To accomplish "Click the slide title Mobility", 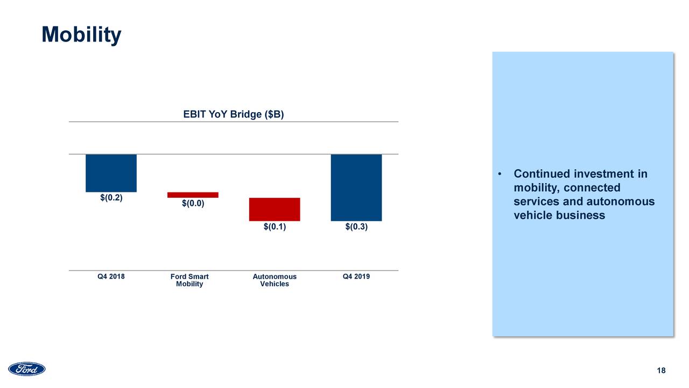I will pyautogui.click(x=81, y=35).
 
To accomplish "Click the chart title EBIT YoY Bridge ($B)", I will pyautogui.click(x=233, y=115).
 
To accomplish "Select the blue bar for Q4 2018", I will pyautogui.click(x=111, y=173).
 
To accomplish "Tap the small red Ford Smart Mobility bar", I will pyautogui.click(x=193, y=195).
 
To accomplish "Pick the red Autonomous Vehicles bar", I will pyautogui.click(x=274, y=209).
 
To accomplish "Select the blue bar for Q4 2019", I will pyautogui.click(x=356, y=188).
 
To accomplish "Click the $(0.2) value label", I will pyautogui.click(x=111, y=198).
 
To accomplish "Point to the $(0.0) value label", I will pyautogui.click(x=193, y=204).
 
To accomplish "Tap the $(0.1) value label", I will pyautogui.click(x=275, y=227).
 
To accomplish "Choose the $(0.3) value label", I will pyautogui.click(x=356, y=227).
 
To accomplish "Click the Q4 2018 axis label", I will pyautogui.click(x=111, y=277).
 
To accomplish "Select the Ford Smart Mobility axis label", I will pyautogui.click(x=189, y=280).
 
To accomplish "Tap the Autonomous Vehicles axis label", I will pyautogui.click(x=275, y=280).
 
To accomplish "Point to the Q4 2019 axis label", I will pyautogui.click(x=356, y=277).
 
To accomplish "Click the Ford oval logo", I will pyautogui.click(x=27, y=369).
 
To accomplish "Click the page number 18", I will pyautogui.click(x=662, y=371).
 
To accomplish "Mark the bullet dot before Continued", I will pyautogui.click(x=500, y=175).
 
